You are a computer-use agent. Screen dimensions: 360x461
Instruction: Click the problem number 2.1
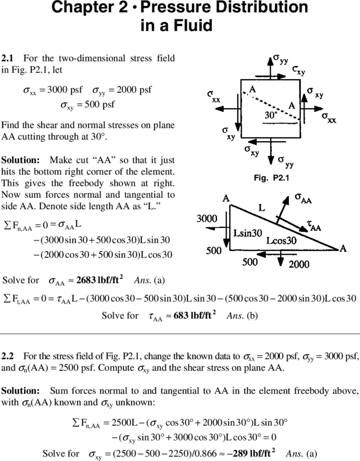(8, 58)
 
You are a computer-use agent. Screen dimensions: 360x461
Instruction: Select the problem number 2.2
(8, 357)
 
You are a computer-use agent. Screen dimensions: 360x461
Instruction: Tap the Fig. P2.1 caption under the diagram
(272, 178)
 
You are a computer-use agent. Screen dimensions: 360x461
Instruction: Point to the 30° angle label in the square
(271, 115)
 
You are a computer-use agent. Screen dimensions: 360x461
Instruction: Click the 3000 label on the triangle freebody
(207, 219)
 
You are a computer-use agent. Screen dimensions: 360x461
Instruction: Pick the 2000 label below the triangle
(299, 264)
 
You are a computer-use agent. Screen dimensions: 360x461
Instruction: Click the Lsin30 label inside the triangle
(248, 233)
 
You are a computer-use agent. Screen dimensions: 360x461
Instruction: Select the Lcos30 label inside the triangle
(281, 241)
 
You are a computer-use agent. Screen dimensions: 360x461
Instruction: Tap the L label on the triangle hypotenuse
(262, 208)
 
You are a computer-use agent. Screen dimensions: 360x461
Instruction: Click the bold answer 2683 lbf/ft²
(100, 280)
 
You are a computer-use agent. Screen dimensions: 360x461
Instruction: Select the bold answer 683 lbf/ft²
(195, 315)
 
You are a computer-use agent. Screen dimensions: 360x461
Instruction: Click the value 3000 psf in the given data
(65, 89)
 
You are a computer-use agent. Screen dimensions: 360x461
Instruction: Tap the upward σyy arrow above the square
(270, 68)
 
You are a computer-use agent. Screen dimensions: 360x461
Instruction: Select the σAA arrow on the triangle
(283, 210)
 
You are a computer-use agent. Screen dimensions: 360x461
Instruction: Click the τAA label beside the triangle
(314, 226)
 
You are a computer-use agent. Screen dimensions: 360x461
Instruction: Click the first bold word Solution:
(20, 160)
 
